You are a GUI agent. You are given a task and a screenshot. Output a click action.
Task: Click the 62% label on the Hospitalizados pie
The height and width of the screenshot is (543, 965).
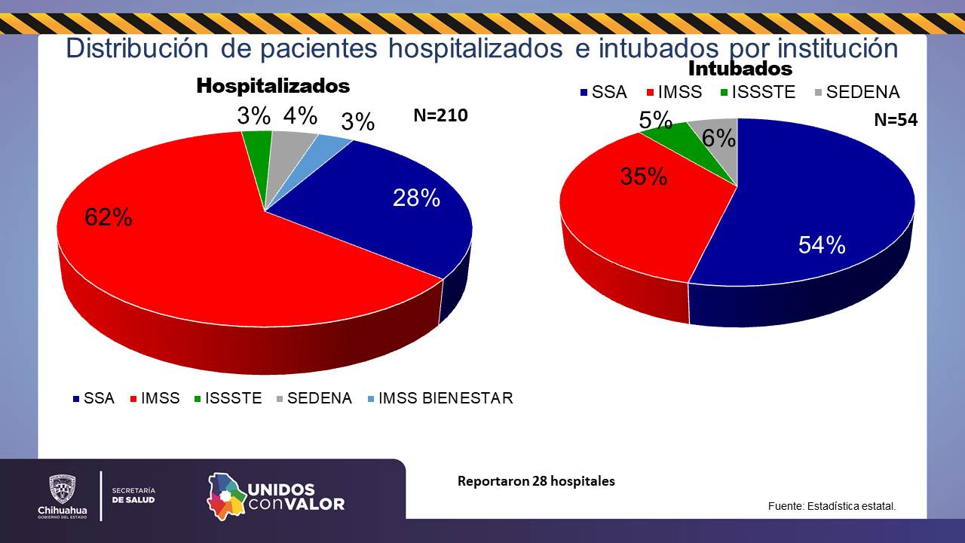coord(109,217)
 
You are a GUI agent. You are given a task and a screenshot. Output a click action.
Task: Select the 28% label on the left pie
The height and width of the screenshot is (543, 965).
coord(416,198)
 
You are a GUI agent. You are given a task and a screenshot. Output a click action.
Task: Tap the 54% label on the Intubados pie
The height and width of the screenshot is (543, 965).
coord(822,244)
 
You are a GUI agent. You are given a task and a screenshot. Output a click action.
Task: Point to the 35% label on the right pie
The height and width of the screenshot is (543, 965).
coord(643,176)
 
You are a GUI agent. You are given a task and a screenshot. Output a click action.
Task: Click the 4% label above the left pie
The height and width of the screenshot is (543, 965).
coord(300,116)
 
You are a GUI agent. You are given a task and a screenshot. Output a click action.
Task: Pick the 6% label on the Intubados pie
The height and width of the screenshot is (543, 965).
coord(718,138)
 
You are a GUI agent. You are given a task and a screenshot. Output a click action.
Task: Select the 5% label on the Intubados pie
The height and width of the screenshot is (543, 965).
coord(655,120)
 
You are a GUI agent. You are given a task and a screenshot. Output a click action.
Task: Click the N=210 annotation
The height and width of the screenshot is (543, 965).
coord(440,115)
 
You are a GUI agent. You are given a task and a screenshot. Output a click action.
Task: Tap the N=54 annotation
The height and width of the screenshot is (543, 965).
coord(896,119)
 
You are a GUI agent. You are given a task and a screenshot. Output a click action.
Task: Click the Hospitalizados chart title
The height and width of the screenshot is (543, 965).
coord(273,86)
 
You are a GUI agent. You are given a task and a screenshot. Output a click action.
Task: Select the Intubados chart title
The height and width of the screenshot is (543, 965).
coord(740,69)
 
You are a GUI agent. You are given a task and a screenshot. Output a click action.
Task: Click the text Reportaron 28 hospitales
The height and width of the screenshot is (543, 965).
coord(536,481)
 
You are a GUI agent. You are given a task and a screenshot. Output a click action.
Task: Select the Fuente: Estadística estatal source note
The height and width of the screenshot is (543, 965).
coord(832,506)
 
